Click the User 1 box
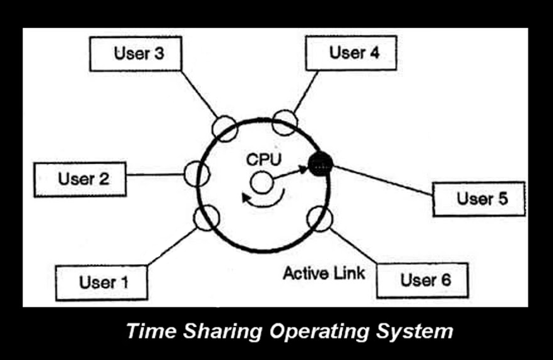[x=102, y=283]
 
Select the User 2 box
[x=80, y=179]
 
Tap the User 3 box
[x=136, y=54]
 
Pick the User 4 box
[x=351, y=53]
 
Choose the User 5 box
[x=479, y=199]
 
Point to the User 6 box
[x=422, y=280]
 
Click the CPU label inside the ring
[x=264, y=160]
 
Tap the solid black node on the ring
[x=321, y=164]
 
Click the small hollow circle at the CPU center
[x=261, y=183]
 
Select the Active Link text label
[x=324, y=273]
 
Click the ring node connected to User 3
[x=225, y=129]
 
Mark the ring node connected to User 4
[x=285, y=123]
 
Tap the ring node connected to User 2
[x=197, y=174]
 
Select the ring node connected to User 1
[x=206, y=218]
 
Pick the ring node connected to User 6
[x=319, y=219]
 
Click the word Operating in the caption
[x=319, y=332]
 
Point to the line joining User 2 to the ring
[x=155, y=174]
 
